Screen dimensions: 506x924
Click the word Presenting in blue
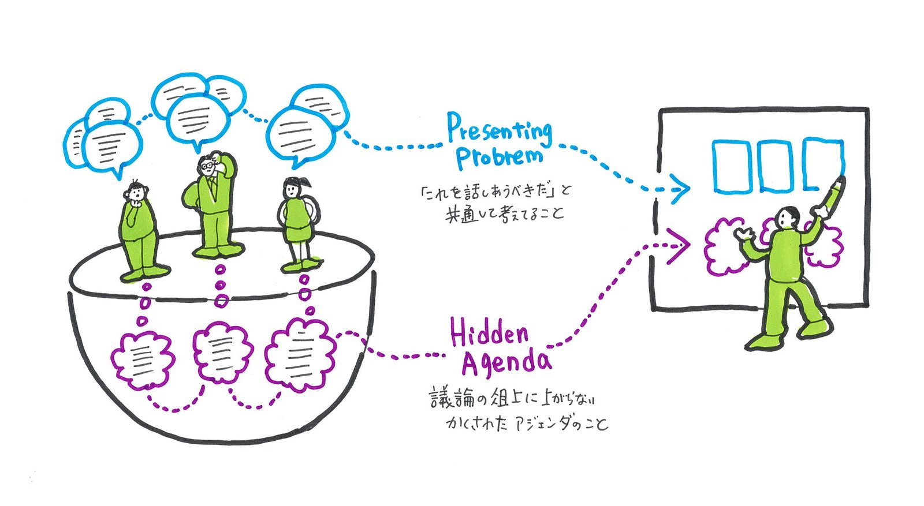pyautogui.click(x=500, y=130)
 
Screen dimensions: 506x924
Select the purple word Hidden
pyautogui.click(x=489, y=334)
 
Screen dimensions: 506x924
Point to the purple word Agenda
pyautogui.click(x=506, y=362)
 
